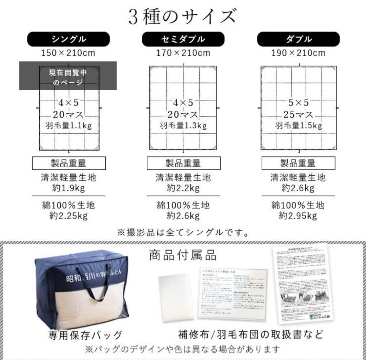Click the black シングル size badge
pos(68,39)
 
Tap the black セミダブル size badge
pos(183,39)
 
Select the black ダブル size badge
pos(298,39)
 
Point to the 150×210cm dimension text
pos(68,53)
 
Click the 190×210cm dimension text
pos(298,53)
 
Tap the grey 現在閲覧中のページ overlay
pos(68,76)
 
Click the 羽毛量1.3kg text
pos(183,126)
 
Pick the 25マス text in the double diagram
pos(298,114)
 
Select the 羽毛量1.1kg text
pos(68,126)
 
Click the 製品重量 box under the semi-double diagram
pos(183,163)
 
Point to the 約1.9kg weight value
pos(68,188)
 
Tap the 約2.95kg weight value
pos(298,216)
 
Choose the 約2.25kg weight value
pos(68,216)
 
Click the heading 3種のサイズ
pos(182,16)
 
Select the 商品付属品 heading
pos(183,255)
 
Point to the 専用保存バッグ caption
pos(85,335)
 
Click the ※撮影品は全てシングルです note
pos(183,232)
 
